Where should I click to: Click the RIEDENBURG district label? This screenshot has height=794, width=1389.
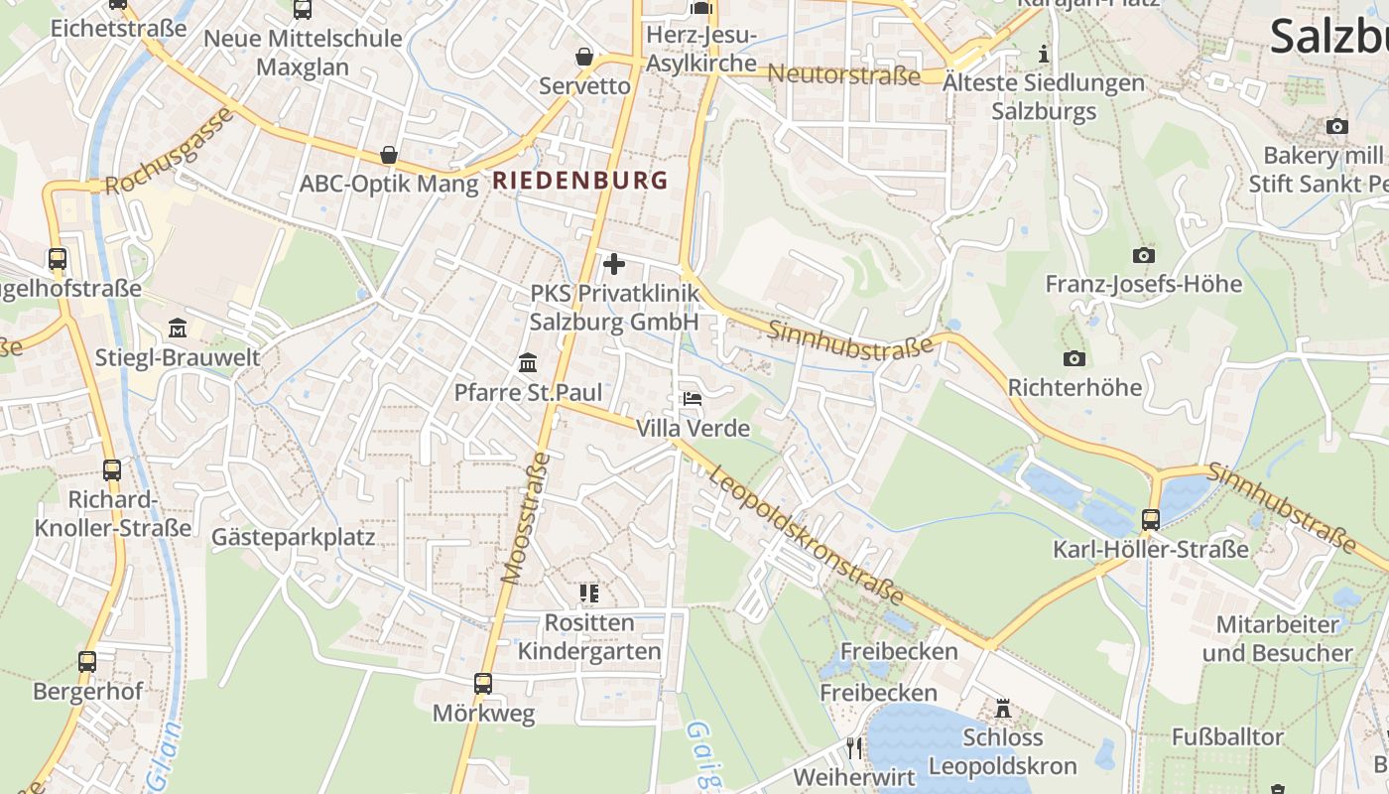coord(580,181)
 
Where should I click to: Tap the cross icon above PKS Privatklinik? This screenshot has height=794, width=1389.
coord(614,264)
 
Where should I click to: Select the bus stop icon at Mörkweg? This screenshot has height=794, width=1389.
coord(483,683)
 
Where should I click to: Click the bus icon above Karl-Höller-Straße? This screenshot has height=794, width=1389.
coord(1151,519)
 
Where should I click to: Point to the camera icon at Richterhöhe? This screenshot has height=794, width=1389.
coord(1073,358)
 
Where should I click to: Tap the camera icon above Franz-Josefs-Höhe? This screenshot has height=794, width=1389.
coord(1143,255)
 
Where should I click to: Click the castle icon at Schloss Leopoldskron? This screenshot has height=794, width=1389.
coord(1003,709)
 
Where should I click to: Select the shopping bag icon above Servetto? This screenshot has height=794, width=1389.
coord(584,57)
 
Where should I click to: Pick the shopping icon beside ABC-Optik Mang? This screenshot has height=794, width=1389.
coord(389,156)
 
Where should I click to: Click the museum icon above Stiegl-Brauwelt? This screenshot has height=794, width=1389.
coord(178,328)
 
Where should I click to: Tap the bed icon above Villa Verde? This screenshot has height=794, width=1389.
coord(693,399)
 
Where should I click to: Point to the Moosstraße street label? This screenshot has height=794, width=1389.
coord(527,517)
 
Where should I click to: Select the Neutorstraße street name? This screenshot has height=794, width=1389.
coord(844,74)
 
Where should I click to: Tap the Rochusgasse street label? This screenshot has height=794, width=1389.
coord(169,151)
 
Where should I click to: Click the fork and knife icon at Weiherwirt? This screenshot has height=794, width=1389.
coord(854,746)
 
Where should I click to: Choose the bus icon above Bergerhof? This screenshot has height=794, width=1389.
coord(87,661)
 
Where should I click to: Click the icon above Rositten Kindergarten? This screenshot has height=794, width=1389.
coord(589,594)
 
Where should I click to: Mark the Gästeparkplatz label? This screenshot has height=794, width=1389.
coord(294,538)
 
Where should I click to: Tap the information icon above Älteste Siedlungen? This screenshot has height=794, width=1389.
coord(1043,54)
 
